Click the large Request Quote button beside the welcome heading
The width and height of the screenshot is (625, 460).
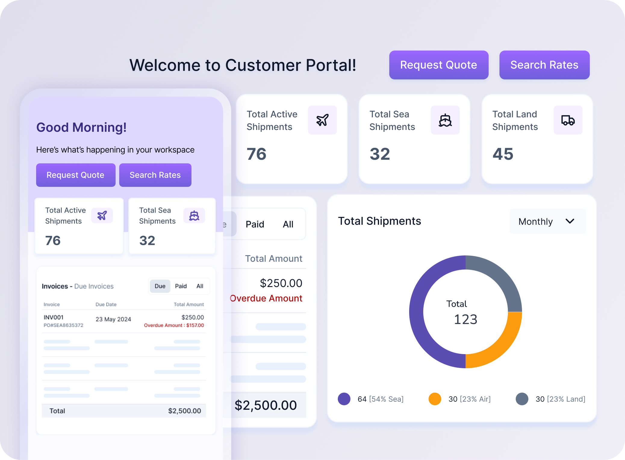click(439, 65)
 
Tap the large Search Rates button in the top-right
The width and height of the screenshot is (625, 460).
click(544, 65)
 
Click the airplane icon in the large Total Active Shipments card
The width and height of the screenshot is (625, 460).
click(322, 120)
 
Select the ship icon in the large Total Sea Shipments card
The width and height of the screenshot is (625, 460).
click(445, 120)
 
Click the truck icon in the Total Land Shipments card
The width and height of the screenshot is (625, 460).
click(568, 120)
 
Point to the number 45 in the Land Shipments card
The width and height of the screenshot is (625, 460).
click(503, 154)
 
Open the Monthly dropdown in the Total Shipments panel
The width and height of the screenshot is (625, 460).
click(547, 221)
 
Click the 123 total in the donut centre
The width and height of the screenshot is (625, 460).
click(465, 320)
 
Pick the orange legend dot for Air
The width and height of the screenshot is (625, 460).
click(435, 399)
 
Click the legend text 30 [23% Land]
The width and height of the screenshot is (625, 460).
click(560, 399)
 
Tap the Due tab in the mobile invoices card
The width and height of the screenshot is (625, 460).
click(160, 286)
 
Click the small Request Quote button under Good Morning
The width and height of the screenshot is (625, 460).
click(76, 175)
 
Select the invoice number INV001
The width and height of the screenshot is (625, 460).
click(54, 317)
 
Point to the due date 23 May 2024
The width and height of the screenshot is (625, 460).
click(113, 319)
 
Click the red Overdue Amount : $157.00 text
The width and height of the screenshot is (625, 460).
click(174, 325)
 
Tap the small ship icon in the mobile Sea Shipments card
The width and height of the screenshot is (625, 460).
click(194, 215)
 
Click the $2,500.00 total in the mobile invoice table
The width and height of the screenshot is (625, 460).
click(184, 411)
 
